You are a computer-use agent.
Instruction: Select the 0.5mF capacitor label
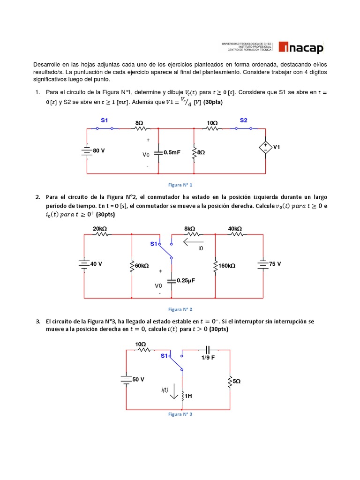[x=172, y=152]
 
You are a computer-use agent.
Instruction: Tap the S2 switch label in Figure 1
[x=243, y=120]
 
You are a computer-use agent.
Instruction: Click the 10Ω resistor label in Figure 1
[x=212, y=123]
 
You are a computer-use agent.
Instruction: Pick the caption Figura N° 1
[x=180, y=185]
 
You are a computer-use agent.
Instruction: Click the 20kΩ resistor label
[x=100, y=228]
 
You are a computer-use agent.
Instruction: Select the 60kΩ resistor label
[x=142, y=266]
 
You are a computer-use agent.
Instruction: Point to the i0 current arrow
[x=194, y=242]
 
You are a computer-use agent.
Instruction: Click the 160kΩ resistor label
[x=226, y=266]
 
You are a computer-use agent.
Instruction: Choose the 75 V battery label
[x=275, y=264]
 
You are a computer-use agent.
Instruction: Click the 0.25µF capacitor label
[x=186, y=280]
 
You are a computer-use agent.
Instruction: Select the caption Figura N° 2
[x=180, y=309]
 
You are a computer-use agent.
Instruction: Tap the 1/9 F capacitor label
[x=209, y=358]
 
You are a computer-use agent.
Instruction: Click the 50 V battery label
[x=138, y=379]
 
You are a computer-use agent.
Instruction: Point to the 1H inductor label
[x=188, y=396]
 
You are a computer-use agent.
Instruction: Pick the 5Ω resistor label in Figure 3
[x=237, y=382]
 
